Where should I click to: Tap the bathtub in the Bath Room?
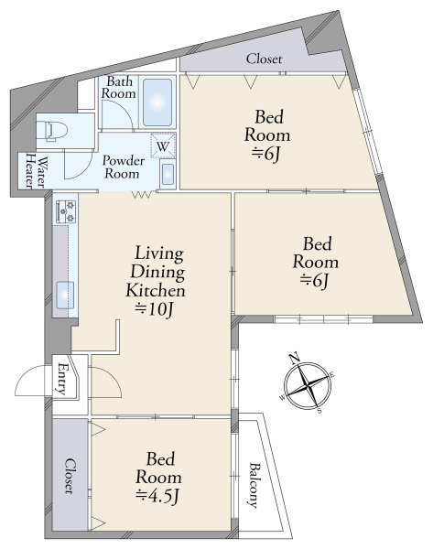click(x=157, y=102)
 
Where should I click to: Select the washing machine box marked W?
click(x=163, y=145)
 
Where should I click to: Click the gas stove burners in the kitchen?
click(x=66, y=211)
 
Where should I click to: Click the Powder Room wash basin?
click(x=168, y=174)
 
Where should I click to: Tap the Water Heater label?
click(x=36, y=172)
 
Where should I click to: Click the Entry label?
click(x=62, y=379)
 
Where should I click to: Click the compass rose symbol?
click(x=308, y=385)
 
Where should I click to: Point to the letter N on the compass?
click(x=295, y=358)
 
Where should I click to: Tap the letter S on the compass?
click(x=319, y=411)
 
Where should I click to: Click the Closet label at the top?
click(x=264, y=59)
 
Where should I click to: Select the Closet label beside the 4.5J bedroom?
click(x=70, y=476)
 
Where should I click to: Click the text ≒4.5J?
click(x=158, y=496)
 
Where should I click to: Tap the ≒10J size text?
click(x=155, y=309)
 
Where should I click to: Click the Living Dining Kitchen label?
click(x=156, y=272)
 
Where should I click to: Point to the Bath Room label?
click(x=118, y=87)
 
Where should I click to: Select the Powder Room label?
click(x=124, y=167)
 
